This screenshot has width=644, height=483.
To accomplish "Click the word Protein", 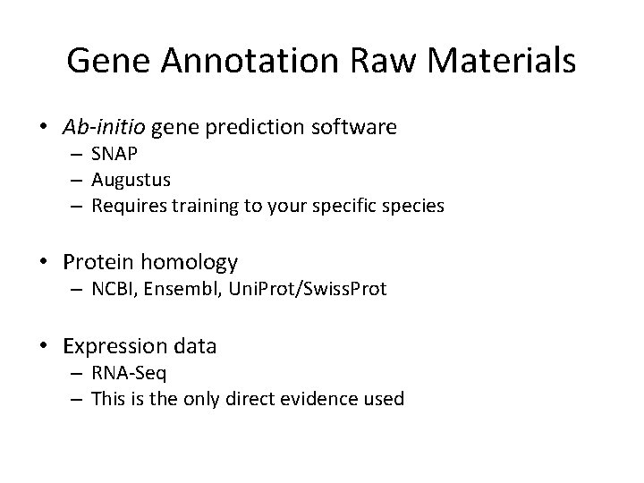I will point(98,262).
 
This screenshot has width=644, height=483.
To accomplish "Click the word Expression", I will point(115,345).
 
